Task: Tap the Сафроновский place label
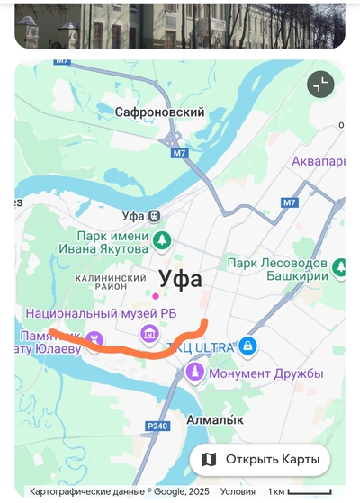point(160,112)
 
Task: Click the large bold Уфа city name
point(180,278)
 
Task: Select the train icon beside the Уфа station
point(156,216)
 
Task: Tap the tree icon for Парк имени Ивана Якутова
point(161,240)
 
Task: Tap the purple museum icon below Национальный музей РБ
point(150,335)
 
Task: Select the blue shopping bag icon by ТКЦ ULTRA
point(247,346)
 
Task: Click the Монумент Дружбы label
point(265,373)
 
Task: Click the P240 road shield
point(157,427)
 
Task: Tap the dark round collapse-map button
point(319,85)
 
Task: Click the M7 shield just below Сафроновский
point(180,153)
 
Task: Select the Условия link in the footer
point(238,492)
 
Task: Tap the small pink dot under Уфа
point(156,296)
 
